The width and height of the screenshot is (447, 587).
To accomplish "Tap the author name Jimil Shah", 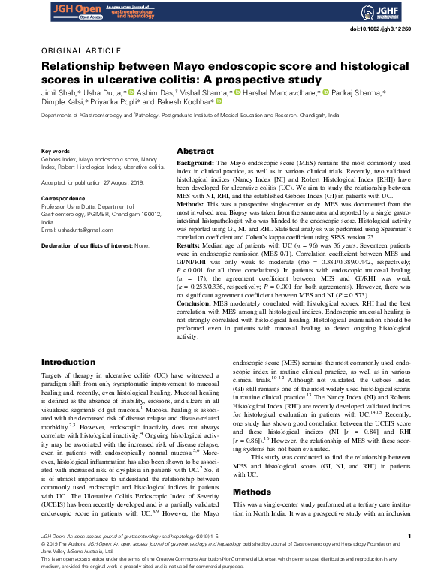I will (57, 92).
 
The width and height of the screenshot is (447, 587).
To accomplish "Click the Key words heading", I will (55, 151).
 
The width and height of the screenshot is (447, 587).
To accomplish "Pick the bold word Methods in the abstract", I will (191, 204).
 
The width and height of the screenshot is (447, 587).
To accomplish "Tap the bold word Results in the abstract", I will (189, 245).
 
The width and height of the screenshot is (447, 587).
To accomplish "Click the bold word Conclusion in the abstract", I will (195, 302).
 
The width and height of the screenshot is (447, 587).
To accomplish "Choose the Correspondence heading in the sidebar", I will (63, 197).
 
